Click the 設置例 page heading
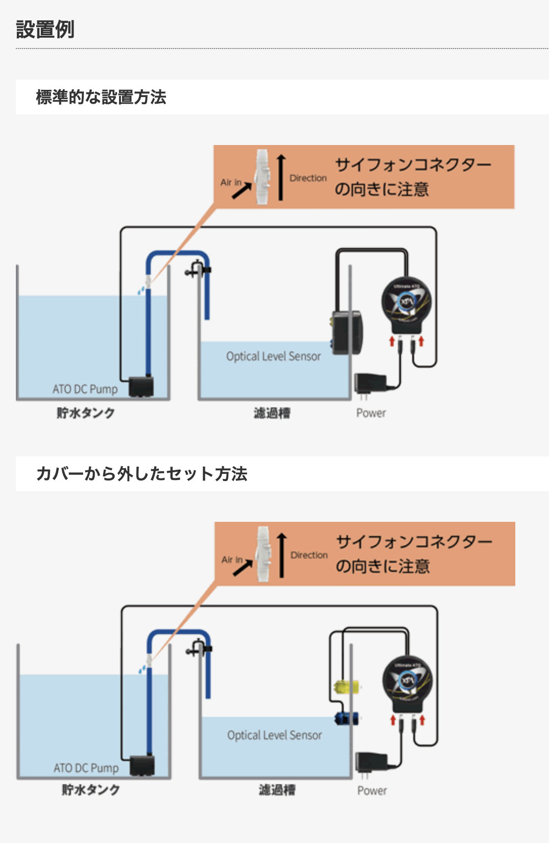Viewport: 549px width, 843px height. [45, 29]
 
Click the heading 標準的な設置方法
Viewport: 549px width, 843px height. [101, 97]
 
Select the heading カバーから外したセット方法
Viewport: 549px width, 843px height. [142, 474]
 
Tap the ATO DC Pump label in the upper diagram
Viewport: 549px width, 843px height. [85, 389]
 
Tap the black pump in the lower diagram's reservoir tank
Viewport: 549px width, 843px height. [142, 765]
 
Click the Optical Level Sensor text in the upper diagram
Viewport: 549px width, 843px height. [273, 356]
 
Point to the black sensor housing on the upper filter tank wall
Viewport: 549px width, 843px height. [348, 332]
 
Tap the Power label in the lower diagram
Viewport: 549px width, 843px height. [372, 790]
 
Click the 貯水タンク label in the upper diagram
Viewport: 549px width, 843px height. [86, 413]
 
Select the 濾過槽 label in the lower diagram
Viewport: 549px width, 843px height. [277, 790]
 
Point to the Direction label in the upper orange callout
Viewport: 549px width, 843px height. [308, 178]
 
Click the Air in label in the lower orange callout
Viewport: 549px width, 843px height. [231, 560]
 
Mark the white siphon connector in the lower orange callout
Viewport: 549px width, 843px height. [263, 555]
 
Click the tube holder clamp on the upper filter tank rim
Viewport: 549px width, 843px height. [197, 269]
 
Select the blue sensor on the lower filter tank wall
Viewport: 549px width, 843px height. [346, 718]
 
